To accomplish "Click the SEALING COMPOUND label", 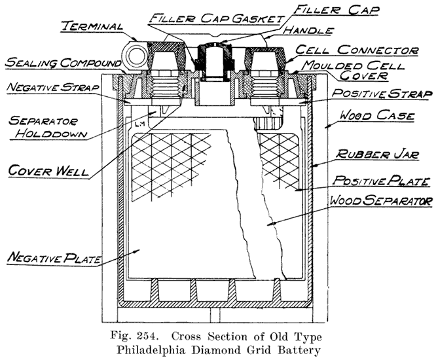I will [x=60, y=62].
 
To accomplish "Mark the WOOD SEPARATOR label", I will [x=382, y=200].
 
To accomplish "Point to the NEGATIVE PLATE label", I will [x=53, y=259].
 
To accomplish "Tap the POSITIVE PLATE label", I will [x=380, y=179].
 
